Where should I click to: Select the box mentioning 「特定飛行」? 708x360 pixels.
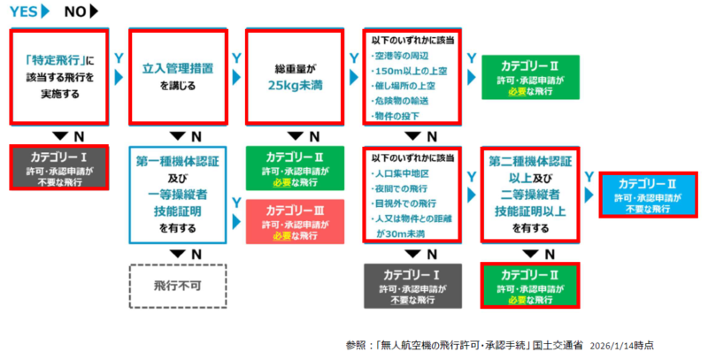58,78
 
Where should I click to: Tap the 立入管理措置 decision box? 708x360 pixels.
174,78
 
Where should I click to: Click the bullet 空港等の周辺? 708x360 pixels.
406,57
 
